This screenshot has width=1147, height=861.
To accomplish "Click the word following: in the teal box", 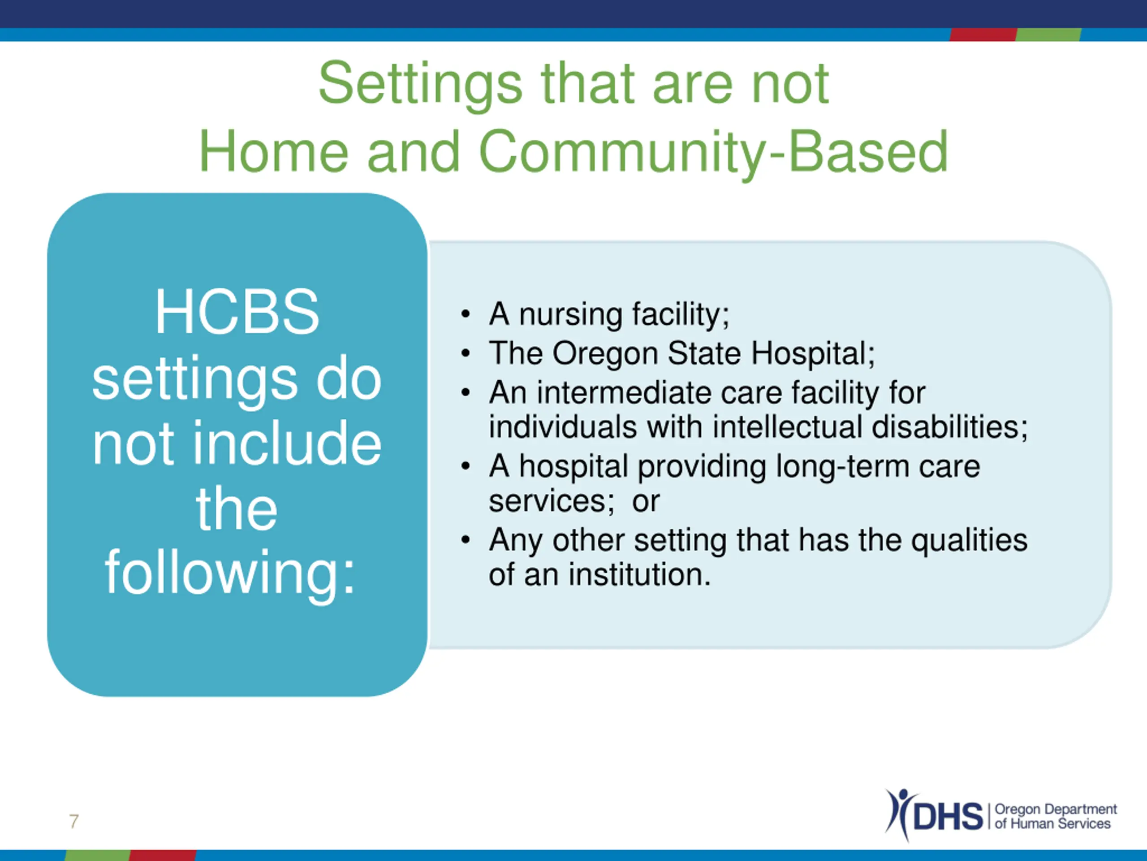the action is pyautogui.click(x=230, y=574).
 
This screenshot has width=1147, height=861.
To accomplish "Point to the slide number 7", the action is pyautogui.click(x=73, y=822).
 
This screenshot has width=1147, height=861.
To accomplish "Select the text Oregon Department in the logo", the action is pyautogui.click(x=1056, y=809).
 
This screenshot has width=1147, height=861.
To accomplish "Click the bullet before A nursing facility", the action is pyautogui.click(x=465, y=314).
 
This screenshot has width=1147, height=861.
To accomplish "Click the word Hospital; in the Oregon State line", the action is pyautogui.click(x=813, y=353).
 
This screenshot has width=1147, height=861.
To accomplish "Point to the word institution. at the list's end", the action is pyautogui.click(x=639, y=575).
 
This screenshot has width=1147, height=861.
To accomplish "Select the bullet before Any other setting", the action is pyautogui.click(x=465, y=540).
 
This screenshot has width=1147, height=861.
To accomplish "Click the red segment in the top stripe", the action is pyautogui.click(x=983, y=34).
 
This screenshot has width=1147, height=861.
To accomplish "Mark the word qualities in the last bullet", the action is pyautogui.click(x=969, y=541).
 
